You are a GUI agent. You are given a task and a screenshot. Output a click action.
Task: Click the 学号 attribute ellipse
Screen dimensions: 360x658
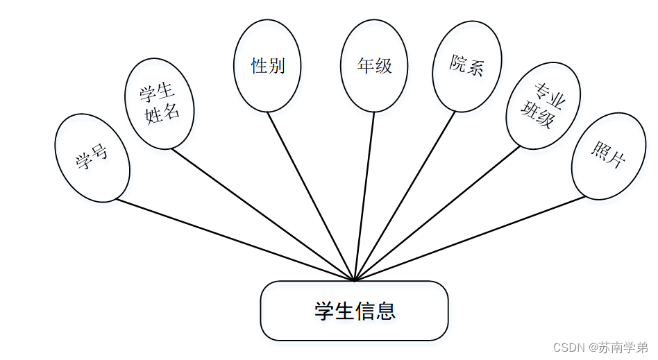[92, 158]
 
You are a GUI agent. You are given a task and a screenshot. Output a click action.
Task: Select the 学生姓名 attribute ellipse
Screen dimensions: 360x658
[158, 103]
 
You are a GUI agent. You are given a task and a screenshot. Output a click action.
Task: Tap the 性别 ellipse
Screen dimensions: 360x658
[267, 66]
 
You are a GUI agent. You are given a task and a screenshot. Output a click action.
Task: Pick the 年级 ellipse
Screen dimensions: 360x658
[374, 66]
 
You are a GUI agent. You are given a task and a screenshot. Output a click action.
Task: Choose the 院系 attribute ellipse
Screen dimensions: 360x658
[466, 66]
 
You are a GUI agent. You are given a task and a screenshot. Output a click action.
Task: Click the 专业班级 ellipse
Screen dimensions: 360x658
[543, 106]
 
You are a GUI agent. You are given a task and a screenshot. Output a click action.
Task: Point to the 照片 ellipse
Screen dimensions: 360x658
[608, 157]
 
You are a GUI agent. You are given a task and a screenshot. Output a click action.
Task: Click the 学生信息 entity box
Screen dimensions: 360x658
[354, 311]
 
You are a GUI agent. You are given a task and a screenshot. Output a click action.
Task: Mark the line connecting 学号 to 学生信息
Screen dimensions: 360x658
[236, 241]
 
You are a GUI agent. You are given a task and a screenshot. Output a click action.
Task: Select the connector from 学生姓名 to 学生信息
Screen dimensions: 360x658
[264, 215]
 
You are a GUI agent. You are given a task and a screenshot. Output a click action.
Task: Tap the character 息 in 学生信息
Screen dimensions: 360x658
[385, 311]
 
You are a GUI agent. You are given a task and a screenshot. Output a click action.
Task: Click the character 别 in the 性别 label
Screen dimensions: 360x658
[276, 66]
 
